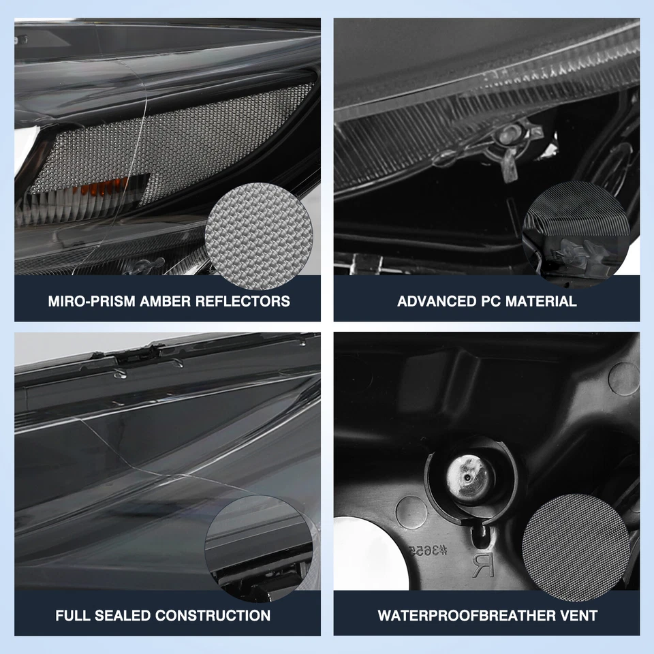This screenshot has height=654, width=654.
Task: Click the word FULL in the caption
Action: pos(72,615)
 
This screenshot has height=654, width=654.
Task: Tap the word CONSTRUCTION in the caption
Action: pos(213,615)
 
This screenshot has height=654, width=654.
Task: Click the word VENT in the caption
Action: pos(579,615)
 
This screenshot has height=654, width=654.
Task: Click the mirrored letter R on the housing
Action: pos(481,565)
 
